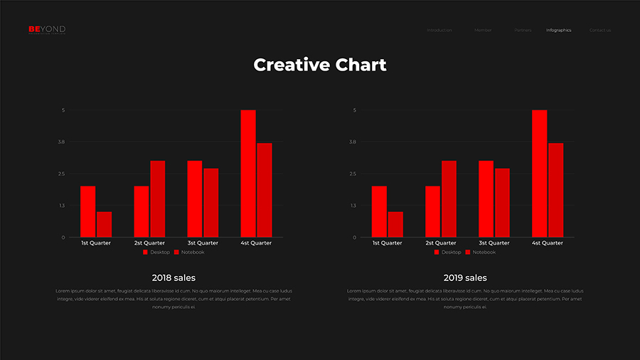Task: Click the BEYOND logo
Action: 47,29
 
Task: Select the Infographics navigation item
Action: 558,30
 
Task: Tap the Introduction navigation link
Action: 439,30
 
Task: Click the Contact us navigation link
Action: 599,30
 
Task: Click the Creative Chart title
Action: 320,65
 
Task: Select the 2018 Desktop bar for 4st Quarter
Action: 247,174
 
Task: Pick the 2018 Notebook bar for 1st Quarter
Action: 104,224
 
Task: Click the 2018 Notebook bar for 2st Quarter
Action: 157,198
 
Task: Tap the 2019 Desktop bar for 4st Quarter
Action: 539,174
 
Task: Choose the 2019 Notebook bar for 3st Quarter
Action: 502,203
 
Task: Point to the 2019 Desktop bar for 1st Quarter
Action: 379,211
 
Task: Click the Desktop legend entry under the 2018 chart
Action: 156,253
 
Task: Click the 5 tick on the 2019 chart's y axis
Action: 354,110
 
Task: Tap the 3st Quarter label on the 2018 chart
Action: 203,243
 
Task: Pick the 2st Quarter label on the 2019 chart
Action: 441,243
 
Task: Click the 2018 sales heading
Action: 174,277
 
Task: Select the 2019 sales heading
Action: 465,277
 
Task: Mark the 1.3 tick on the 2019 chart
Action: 353,206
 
